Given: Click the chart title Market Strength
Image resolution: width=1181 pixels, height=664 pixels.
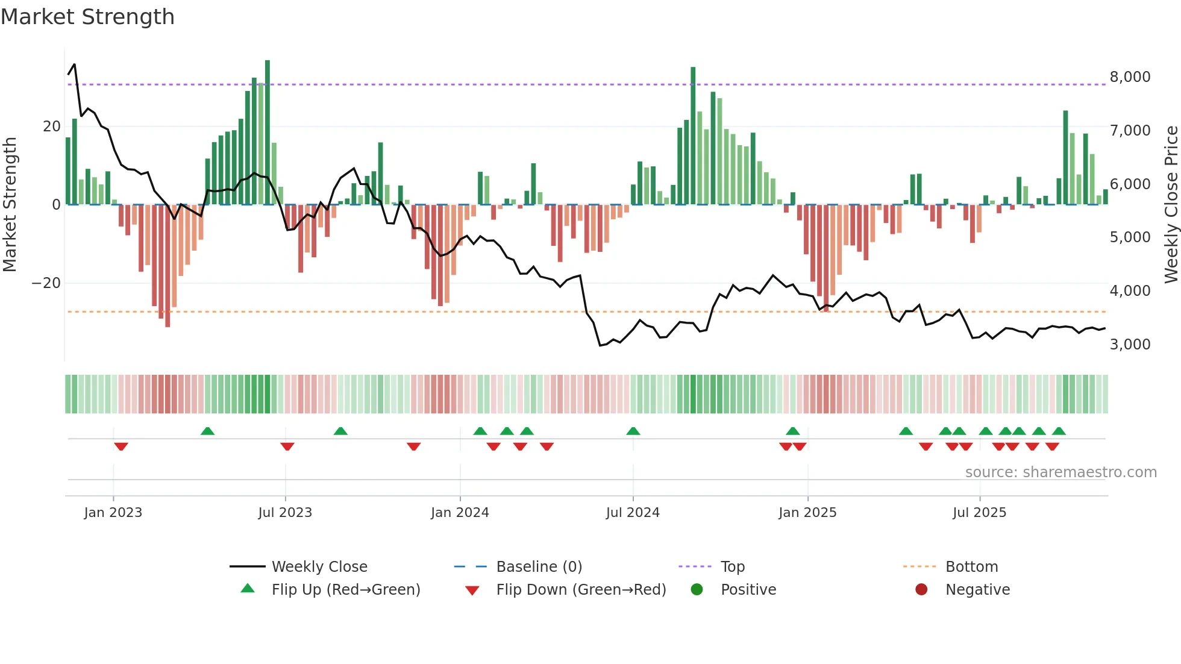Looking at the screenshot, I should (87, 17).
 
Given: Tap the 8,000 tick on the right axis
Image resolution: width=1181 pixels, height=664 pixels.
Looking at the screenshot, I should (1130, 77).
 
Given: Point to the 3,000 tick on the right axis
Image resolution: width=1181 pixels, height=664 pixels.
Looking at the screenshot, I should (1130, 345).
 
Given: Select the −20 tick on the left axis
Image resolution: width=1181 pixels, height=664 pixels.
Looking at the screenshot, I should (46, 283).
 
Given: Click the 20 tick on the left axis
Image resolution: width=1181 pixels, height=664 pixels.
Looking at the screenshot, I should (52, 127).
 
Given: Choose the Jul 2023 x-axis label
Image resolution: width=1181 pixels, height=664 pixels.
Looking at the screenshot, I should (285, 513).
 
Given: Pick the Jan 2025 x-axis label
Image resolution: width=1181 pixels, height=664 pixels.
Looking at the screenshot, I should (807, 513).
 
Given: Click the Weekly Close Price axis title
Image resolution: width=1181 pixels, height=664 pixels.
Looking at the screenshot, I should (1171, 205).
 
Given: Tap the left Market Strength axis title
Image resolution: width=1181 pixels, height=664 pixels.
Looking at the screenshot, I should (10, 205).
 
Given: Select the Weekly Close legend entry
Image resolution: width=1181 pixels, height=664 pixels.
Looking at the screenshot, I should (319, 567).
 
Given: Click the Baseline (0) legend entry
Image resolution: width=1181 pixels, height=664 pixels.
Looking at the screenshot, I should (539, 567).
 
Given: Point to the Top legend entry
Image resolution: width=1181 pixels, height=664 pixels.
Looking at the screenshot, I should (732, 567).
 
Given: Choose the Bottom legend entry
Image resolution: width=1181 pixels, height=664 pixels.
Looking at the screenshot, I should (971, 567).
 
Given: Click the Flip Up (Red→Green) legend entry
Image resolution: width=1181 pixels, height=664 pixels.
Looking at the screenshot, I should (345, 590).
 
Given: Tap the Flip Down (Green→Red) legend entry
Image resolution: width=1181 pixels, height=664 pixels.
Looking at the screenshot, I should (581, 590).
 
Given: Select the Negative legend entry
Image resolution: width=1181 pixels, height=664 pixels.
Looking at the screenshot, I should (977, 590).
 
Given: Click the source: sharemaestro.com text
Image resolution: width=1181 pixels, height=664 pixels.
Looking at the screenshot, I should (1060, 472).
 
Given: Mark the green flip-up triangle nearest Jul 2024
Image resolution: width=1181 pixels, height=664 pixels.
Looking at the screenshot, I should (633, 431).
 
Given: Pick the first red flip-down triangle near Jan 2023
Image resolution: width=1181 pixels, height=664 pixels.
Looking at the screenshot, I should (121, 446).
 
